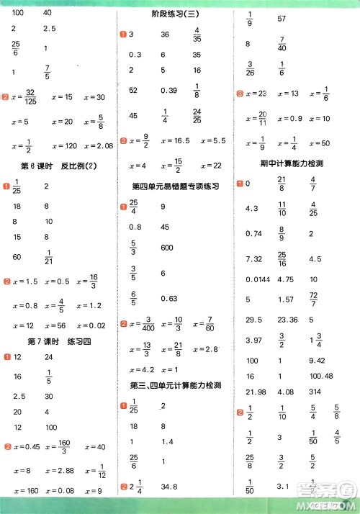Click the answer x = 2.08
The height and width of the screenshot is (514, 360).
[99, 146]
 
